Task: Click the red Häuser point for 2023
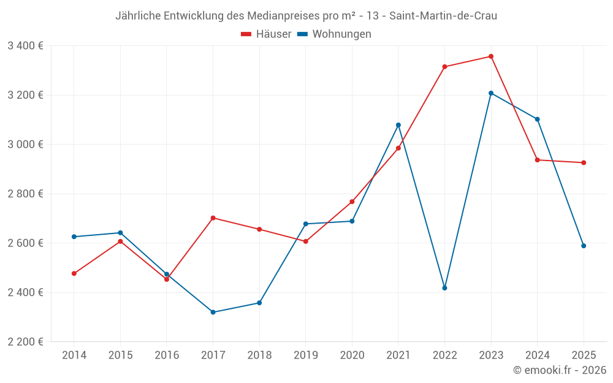(491, 56)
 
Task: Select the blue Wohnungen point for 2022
(444, 288)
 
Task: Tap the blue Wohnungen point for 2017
(213, 313)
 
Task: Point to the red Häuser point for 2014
(74, 273)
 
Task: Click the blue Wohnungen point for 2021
(398, 125)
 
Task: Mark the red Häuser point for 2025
(584, 162)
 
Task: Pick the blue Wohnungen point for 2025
(584, 246)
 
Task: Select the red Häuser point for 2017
(213, 218)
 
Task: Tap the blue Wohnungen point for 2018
(259, 303)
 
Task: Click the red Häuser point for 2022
(444, 67)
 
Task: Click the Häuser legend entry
(266, 34)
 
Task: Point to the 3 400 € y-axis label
(26, 46)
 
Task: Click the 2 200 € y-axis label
(26, 342)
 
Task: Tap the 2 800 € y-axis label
(26, 194)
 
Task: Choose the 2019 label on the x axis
(305, 355)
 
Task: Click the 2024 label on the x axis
(537, 355)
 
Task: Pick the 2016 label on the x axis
(167, 355)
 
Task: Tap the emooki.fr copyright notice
(559, 370)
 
